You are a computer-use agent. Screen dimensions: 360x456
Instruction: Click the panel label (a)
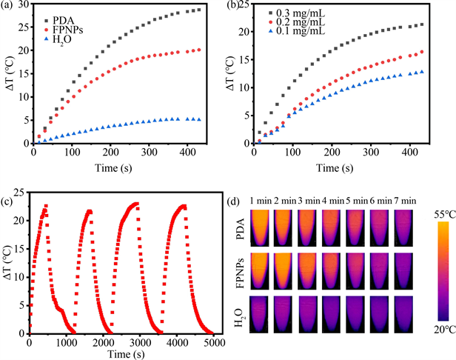[x=10, y=7]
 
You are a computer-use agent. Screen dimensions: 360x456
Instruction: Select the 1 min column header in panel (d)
[x=262, y=200]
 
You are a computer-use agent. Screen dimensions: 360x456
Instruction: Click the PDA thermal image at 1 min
[x=263, y=228]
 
